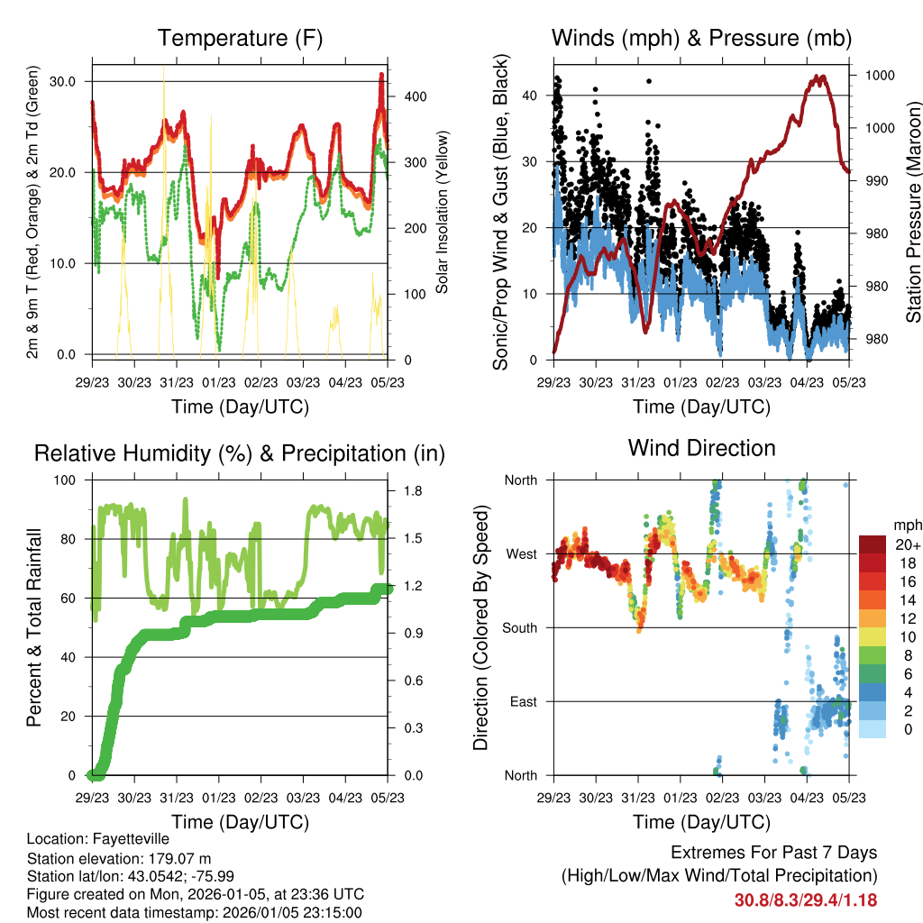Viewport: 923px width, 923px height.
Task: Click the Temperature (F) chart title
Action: tap(240, 38)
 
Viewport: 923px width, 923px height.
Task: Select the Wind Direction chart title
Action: tap(701, 447)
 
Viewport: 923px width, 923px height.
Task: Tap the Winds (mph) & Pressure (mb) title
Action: tap(701, 38)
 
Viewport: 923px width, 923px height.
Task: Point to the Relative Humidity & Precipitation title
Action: tap(240, 452)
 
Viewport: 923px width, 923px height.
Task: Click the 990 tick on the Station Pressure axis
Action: tap(879, 180)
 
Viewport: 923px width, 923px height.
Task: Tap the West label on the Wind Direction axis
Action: tap(521, 553)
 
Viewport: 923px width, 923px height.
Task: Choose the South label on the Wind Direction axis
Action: tap(519, 627)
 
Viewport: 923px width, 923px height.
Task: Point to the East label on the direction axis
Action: tap(523, 701)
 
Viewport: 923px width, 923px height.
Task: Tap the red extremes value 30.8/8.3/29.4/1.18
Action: tap(805, 900)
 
